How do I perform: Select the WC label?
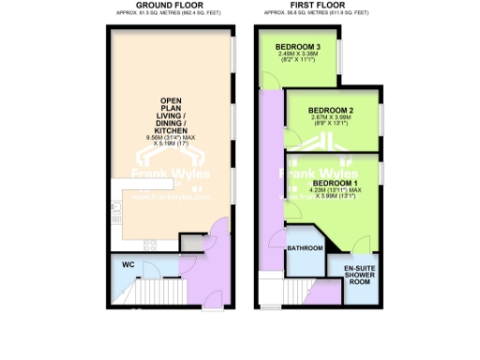click(x=129, y=265)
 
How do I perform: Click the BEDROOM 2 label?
click(x=333, y=110)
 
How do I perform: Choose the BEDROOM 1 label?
click(x=336, y=182)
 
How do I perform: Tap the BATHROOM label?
click(x=305, y=248)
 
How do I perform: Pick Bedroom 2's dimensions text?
click(x=333, y=123)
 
